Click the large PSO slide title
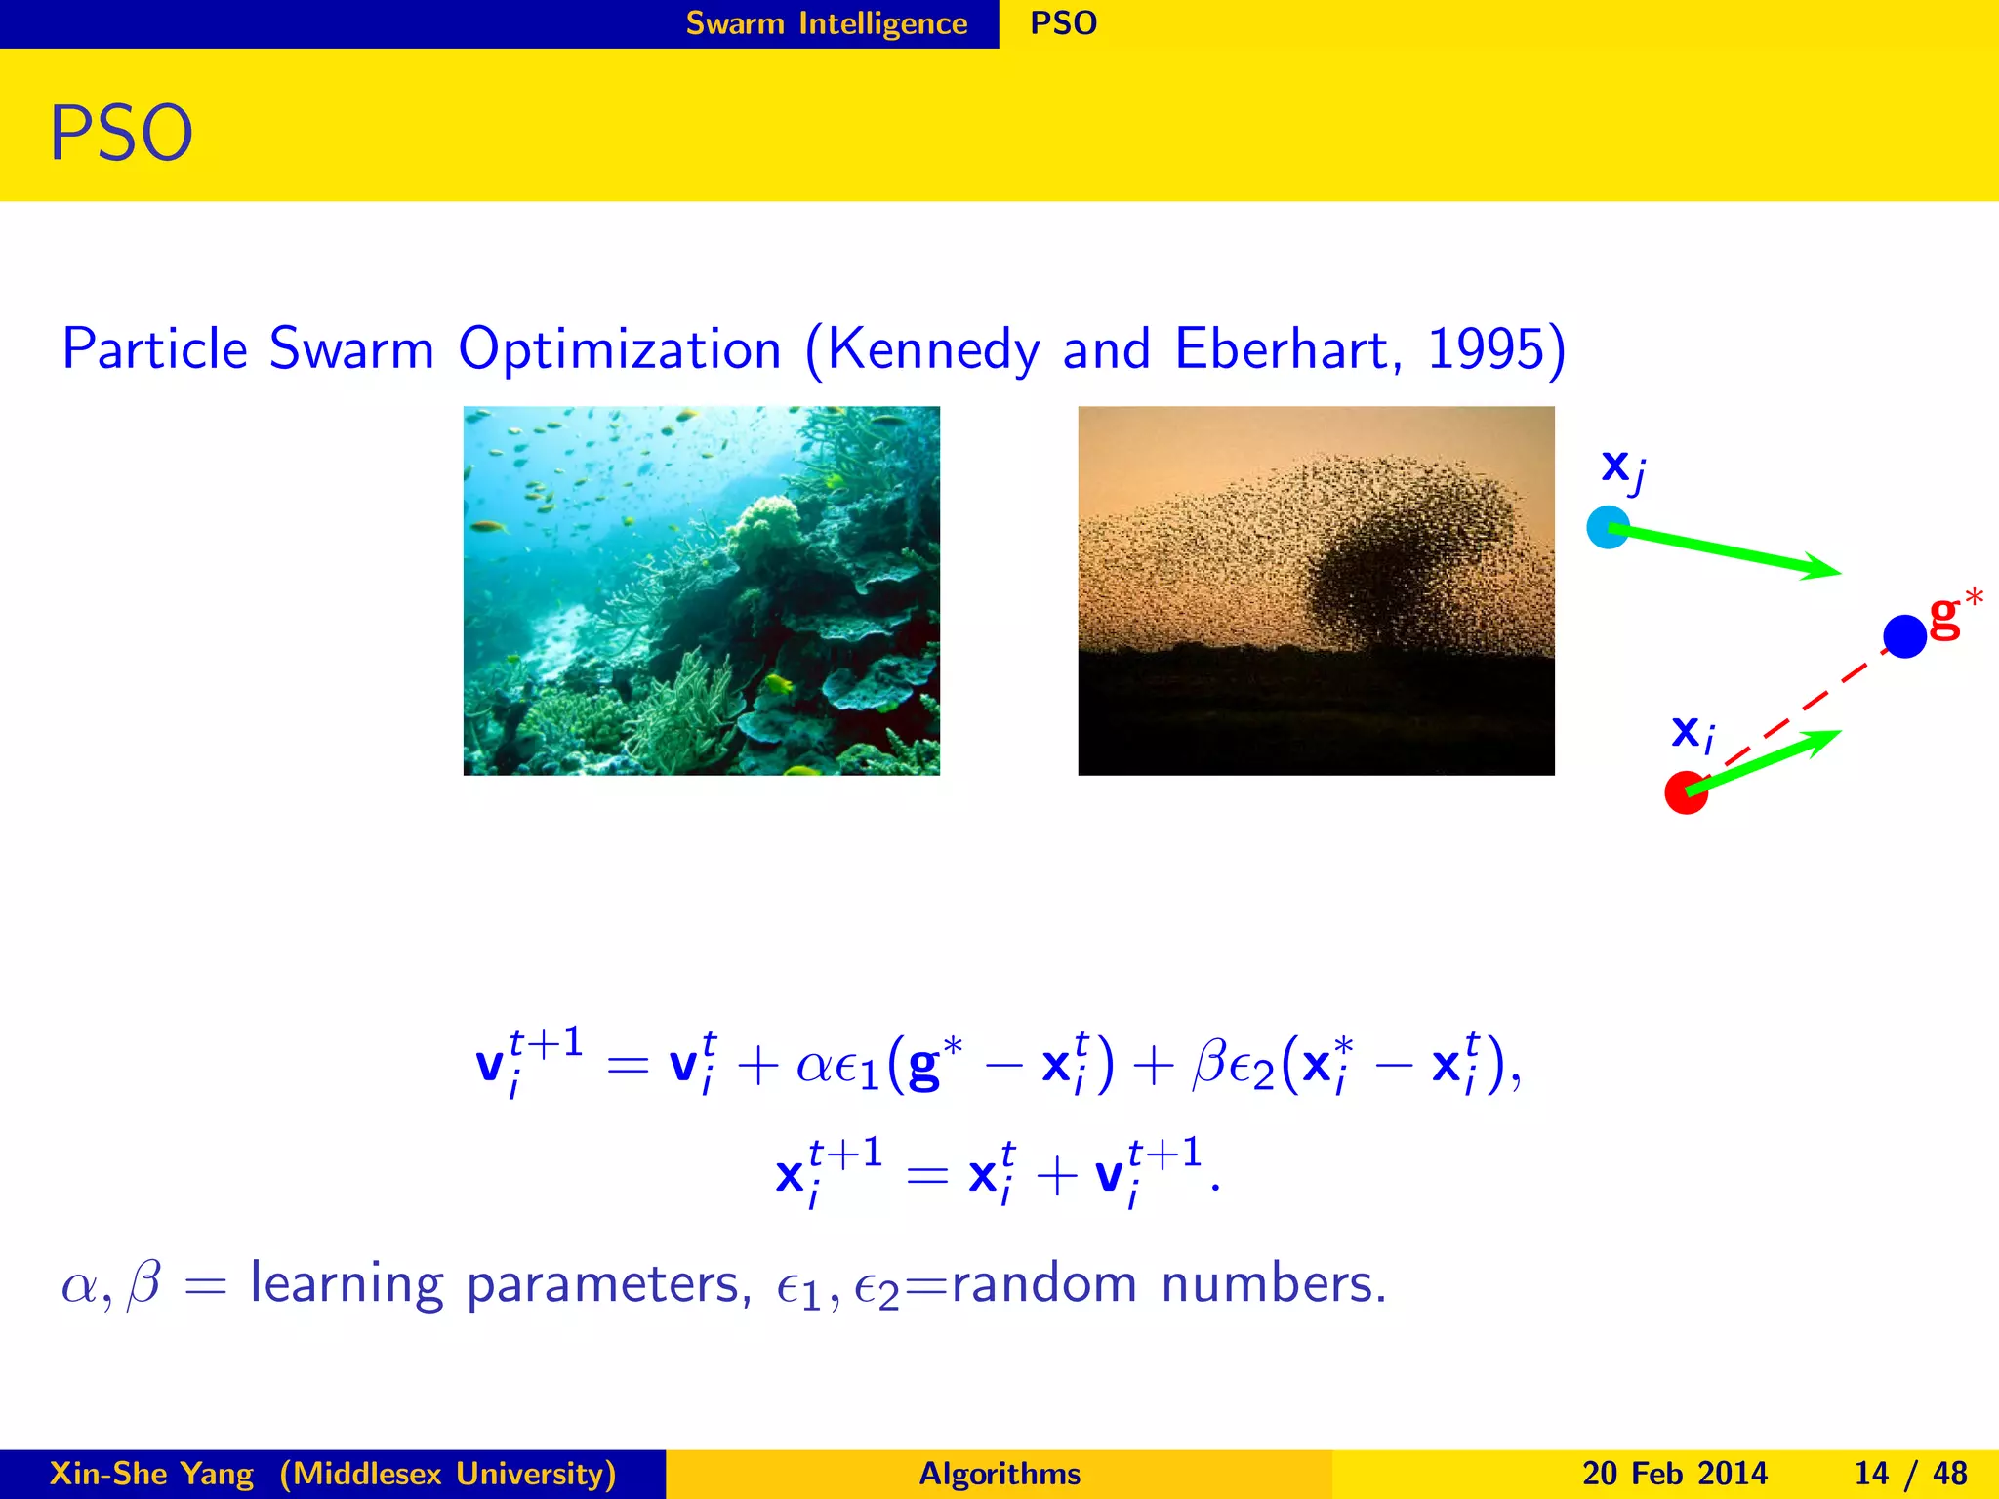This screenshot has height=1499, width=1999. tap(121, 134)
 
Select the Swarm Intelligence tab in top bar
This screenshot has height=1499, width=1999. tap(826, 23)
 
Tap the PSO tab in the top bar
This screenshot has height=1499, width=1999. tap(1063, 23)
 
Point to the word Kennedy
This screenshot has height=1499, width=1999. tap(933, 350)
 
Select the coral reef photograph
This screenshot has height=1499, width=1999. tap(701, 590)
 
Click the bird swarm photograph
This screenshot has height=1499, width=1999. tap(1315, 590)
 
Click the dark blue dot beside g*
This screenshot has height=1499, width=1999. tap(1903, 636)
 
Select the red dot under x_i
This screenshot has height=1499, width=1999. tap(1685, 792)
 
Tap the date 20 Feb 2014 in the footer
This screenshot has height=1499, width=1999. tap(1674, 1473)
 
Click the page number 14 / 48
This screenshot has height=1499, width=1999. tap(1910, 1473)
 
